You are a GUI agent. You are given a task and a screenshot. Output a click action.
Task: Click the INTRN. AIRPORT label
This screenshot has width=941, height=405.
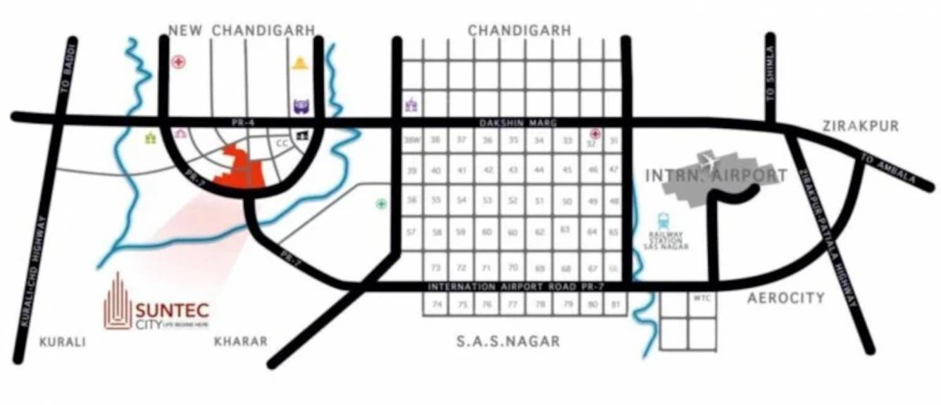pyautogui.click(x=716, y=174)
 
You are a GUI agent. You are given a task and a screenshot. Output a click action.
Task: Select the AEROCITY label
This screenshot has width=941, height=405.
pyautogui.click(x=786, y=298)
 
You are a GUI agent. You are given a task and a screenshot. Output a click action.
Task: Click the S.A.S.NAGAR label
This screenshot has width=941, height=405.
pyautogui.click(x=508, y=342)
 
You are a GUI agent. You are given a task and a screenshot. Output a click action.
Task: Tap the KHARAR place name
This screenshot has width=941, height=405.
pyautogui.click(x=240, y=342)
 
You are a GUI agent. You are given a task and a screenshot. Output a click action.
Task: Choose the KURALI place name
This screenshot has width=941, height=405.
pyautogui.click(x=63, y=342)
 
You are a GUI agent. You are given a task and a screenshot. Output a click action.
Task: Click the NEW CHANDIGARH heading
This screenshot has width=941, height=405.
pyautogui.click(x=241, y=30)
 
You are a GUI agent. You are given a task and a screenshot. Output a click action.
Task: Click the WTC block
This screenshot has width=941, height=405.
pyautogui.click(x=702, y=298)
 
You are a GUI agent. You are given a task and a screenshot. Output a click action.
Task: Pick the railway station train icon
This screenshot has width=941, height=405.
pyautogui.click(x=663, y=220)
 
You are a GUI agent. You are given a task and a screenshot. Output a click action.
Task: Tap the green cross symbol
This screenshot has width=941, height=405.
pyautogui.click(x=381, y=204)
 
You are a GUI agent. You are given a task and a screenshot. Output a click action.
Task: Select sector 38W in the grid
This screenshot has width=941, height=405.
pyautogui.click(x=411, y=140)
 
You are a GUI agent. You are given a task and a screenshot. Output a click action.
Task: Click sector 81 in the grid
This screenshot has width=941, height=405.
pyautogui.click(x=616, y=304)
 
